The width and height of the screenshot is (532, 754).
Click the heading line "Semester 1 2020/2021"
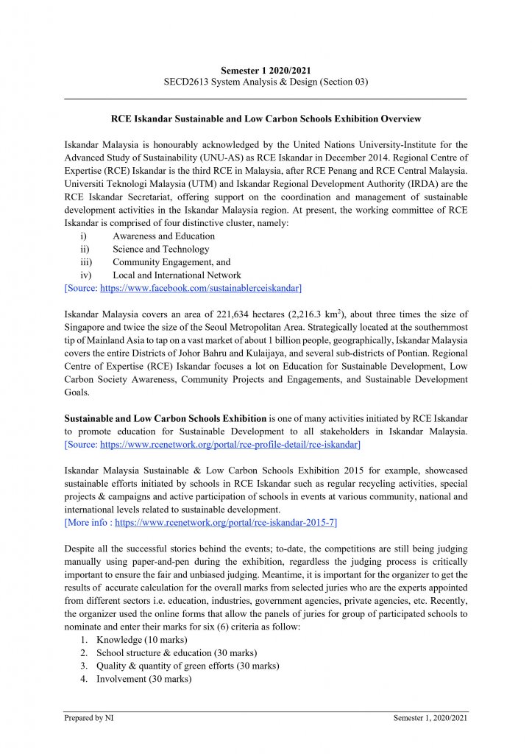(x=266, y=70)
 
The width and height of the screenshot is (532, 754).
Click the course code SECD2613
(x=188, y=82)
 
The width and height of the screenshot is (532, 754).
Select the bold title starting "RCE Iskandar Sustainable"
(x=266, y=118)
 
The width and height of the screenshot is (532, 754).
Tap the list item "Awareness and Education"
(x=163, y=236)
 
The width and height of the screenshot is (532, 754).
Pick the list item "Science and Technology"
(x=160, y=249)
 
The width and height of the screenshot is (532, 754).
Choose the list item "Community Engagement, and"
(x=171, y=262)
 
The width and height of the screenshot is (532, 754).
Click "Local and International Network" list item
(x=177, y=275)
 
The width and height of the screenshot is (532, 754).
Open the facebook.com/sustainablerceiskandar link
(x=200, y=288)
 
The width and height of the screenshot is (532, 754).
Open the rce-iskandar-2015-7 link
(x=226, y=523)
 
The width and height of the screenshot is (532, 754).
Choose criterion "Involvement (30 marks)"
(x=143, y=679)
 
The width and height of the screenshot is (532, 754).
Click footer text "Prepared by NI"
(x=89, y=718)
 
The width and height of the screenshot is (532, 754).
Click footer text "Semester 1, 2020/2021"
(x=430, y=718)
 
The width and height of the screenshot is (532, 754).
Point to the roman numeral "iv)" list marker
(x=85, y=275)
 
